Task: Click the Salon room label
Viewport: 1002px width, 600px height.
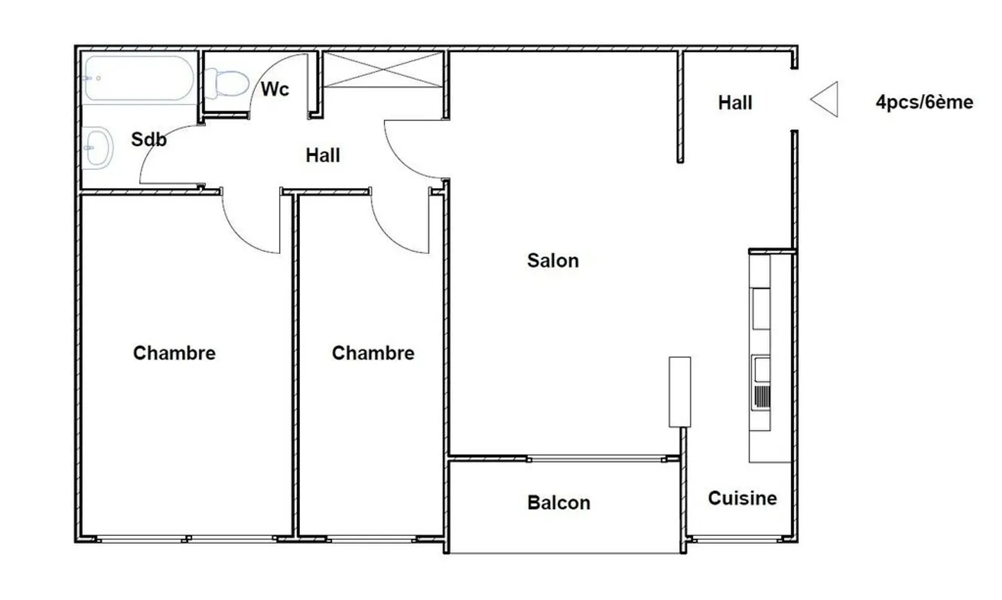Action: [x=553, y=261]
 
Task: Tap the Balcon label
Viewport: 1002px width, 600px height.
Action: [x=559, y=503]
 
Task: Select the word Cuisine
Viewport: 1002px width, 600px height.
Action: [x=742, y=498]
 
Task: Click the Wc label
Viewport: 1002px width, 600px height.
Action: [x=275, y=89]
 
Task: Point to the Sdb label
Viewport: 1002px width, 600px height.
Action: [x=149, y=140]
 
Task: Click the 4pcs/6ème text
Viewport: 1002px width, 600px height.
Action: [x=925, y=102]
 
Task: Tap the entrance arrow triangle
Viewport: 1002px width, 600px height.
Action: [x=825, y=100]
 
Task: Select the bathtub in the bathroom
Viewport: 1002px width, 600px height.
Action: [x=139, y=78]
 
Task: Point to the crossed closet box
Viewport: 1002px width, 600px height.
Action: [x=383, y=70]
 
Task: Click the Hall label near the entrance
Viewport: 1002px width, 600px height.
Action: [x=735, y=103]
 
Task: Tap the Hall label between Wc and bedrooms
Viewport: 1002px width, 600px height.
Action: [x=323, y=156]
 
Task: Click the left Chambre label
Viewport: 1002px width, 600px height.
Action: [x=175, y=353]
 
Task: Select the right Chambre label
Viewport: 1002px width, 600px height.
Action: [x=373, y=353]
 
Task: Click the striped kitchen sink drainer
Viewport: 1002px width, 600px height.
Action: [x=762, y=397]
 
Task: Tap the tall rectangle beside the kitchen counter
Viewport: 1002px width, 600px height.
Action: [x=680, y=392]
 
